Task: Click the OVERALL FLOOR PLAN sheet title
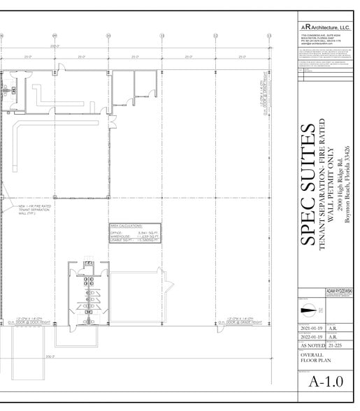(314, 359)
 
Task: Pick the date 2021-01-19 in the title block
(312, 327)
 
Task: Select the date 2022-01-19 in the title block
(312, 336)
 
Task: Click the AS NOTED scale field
(312, 345)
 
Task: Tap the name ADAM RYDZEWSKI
(340, 290)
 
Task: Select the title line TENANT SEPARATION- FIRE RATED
(324, 185)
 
